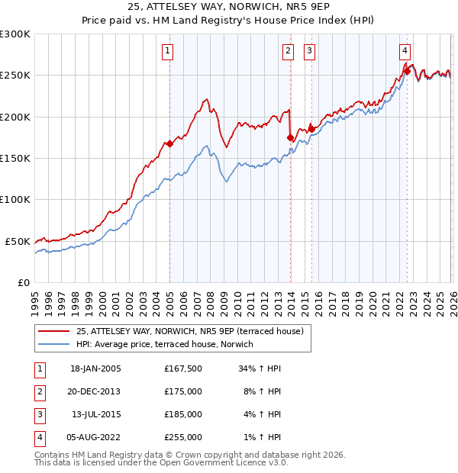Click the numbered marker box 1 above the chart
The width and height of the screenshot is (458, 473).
pyautogui.click(x=166, y=51)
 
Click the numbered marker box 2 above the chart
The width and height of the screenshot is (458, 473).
pyautogui.click(x=288, y=51)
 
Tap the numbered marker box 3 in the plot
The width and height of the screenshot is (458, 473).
pyautogui.click(x=309, y=51)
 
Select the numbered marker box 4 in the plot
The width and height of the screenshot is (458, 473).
pyautogui.click(x=405, y=51)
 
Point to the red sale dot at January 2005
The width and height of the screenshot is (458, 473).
pyautogui.click(x=169, y=143)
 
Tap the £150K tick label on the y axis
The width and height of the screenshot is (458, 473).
pyautogui.click(x=15, y=158)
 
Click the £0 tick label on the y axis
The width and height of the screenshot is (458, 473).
pyautogui.click(x=24, y=282)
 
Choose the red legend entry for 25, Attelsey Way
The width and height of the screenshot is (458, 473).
pyautogui.click(x=190, y=331)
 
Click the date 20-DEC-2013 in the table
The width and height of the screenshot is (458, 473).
pyautogui.click(x=95, y=391)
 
